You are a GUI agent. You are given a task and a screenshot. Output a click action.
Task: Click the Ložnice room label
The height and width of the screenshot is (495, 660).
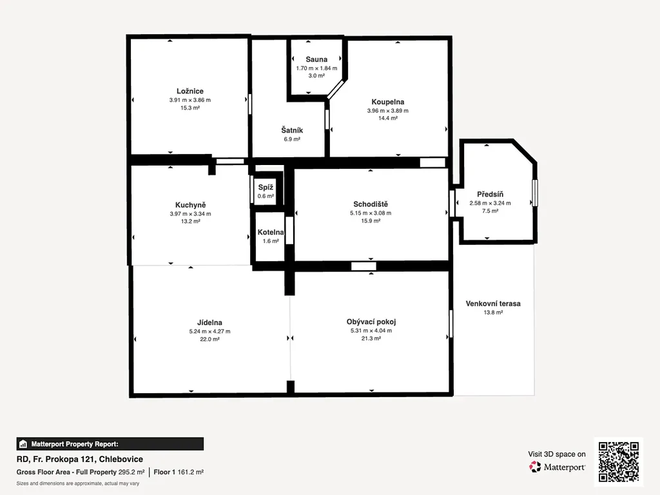pos(190,91)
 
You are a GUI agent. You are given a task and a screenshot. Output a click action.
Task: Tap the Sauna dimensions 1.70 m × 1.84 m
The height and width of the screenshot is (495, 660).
pos(316,68)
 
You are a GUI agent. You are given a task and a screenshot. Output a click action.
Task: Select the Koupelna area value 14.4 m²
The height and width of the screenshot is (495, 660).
pos(387,119)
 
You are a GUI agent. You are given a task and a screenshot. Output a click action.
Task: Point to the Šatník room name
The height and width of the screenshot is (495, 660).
pos(292,130)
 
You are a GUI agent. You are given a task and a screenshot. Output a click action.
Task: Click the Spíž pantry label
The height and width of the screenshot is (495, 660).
pos(266,188)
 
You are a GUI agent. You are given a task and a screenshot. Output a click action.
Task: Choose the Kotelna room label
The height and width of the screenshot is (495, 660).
pos(271,232)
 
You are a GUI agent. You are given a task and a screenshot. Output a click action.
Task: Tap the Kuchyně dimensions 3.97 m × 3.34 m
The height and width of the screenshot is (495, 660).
pos(190,214)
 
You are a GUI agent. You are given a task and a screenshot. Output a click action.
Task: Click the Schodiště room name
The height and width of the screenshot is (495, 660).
pos(371,204)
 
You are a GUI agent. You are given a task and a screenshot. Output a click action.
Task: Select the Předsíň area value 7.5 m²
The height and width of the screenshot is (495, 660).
pos(490,211)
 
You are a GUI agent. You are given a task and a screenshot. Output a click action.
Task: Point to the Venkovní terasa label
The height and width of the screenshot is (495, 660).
pos(493,304)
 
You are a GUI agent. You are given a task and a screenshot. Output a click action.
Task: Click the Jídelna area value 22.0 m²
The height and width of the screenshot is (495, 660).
pos(209,339)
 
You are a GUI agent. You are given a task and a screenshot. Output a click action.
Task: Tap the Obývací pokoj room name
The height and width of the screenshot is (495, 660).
pos(371,322)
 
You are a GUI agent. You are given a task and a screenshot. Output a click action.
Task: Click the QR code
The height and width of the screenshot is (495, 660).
pos(619,461)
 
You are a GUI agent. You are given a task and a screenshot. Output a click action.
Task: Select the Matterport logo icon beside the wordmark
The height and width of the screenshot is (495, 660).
pos(535,467)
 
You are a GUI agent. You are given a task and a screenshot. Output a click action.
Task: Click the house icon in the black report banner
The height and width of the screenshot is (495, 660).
pos(23,444)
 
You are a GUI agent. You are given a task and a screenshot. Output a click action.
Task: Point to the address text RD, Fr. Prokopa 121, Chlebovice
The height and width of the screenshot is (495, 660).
pos(79,459)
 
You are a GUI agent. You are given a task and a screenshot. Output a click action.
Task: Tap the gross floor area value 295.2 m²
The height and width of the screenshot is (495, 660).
pos(131,472)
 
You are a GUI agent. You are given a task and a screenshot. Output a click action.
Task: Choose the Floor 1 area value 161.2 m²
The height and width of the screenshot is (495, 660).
pos(191,472)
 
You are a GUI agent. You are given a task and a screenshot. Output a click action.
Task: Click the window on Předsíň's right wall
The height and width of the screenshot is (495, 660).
pos(535,193)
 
